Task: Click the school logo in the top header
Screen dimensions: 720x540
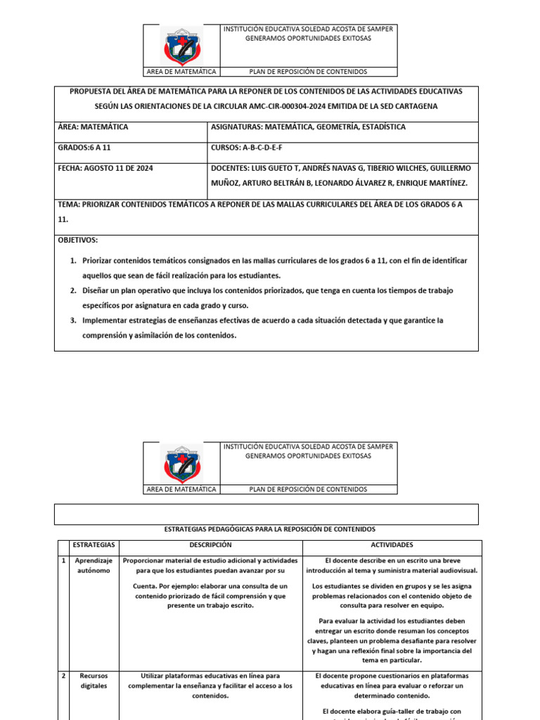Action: [181, 46]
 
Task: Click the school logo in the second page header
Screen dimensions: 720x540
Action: [181, 463]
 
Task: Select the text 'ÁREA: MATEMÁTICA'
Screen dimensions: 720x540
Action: [93, 127]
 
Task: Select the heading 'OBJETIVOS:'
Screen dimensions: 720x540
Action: [78, 240]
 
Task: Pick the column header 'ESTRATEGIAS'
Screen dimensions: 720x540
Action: [95, 546]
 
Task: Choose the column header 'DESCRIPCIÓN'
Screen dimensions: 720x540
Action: [210, 546]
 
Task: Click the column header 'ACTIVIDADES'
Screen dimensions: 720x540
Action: [392, 546]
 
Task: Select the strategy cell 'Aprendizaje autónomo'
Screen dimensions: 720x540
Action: [95, 566]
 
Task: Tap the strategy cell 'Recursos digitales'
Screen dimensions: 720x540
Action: [94, 681]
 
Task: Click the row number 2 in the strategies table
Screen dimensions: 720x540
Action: [63, 676]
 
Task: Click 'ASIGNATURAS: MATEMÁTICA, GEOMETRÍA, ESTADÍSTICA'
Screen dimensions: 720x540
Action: [308, 127]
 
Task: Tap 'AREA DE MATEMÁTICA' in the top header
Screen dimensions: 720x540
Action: [181, 72]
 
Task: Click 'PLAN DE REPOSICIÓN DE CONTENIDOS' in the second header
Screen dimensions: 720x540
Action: [308, 489]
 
